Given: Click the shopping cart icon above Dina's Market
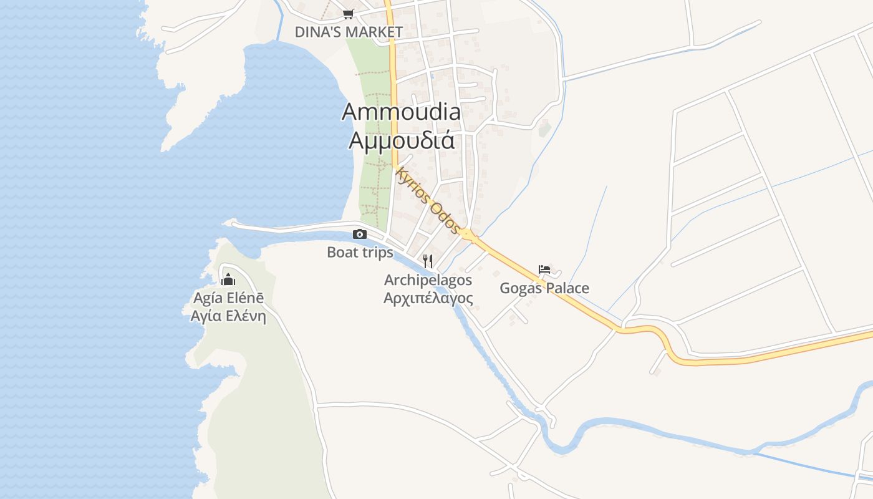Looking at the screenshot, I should tap(348, 14).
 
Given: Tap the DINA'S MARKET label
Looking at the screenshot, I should tap(349, 32).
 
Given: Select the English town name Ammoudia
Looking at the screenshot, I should tap(402, 112).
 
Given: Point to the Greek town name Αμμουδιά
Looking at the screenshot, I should tap(402, 141).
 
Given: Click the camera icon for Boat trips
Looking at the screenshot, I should tap(360, 235).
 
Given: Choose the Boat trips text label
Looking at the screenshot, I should tap(360, 252).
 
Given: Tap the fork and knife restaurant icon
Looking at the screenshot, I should tap(428, 261).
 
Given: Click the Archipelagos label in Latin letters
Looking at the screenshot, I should tap(428, 280).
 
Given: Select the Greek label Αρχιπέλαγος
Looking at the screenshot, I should tap(428, 298).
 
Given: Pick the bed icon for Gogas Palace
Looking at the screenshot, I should tap(544, 269).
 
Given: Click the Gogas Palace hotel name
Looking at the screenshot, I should tap(544, 288).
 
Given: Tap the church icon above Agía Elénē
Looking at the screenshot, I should tap(228, 279).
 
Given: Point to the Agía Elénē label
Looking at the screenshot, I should tap(228, 298).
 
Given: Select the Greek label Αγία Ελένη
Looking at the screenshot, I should tap(228, 316).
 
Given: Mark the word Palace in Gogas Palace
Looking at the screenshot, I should tap(565, 288).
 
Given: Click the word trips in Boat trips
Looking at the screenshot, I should tap(376, 252).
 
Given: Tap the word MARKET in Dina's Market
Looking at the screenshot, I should tap(374, 32).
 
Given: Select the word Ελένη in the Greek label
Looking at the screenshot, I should tap(246, 316).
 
